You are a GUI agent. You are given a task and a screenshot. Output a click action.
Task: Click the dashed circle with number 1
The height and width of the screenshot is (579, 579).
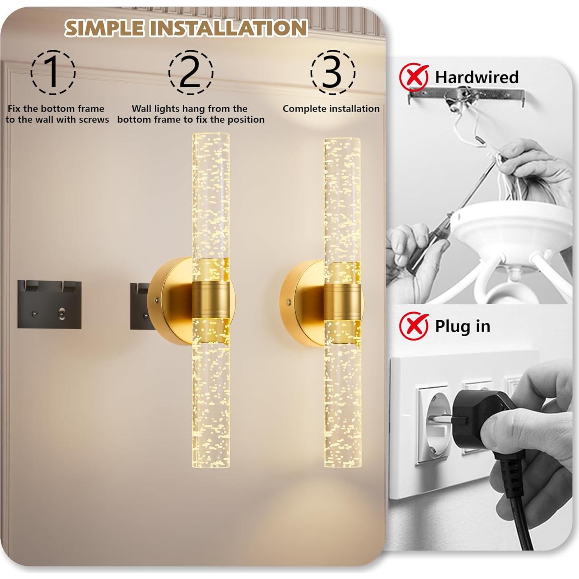click(x=53, y=72)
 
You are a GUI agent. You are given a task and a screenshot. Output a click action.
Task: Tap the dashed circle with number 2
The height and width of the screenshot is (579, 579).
click(x=191, y=72)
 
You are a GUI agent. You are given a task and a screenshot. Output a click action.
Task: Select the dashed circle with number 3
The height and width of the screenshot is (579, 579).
click(x=332, y=72)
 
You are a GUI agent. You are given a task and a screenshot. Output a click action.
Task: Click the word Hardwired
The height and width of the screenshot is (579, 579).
click(x=477, y=77)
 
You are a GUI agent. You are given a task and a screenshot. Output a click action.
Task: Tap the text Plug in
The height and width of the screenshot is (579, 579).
click(x=462, y=326)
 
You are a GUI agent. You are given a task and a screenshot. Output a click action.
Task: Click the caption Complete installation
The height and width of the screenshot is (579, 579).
click(x=331, y=109)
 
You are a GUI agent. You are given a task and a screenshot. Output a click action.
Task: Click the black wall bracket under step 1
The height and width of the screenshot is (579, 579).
click(x=49, y=304)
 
